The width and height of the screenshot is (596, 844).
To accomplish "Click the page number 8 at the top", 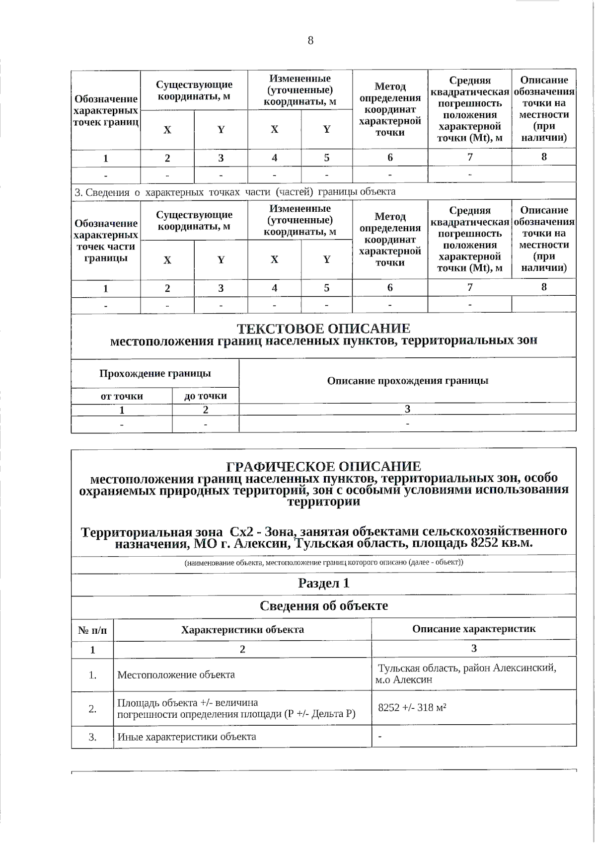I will [x=310, y=41].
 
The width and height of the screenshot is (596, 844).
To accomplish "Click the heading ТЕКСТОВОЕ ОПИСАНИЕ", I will [x=323, y=329].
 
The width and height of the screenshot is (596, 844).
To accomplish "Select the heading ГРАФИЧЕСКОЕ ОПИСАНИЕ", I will [x=323, y=467].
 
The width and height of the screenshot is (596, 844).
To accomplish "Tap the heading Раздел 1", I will [x=323, y=583].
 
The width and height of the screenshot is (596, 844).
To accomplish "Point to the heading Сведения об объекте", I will [x=323, y=606].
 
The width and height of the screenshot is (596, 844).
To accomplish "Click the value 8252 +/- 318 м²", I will [x=412, y=707].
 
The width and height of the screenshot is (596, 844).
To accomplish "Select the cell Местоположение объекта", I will [x=176, y=675].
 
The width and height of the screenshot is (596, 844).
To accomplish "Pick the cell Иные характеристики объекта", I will [x=186, y=737].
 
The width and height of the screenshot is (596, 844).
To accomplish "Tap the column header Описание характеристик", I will [x=474, y=629].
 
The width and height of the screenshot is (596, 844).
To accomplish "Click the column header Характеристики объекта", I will [x=242, y=629].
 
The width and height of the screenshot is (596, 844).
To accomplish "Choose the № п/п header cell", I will [x=92, y=630].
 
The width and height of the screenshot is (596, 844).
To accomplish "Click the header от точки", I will [x=122, y=396].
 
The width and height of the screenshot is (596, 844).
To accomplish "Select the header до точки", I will [x=205, y=396].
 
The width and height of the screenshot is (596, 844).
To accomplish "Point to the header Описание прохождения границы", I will [x=407, y=381].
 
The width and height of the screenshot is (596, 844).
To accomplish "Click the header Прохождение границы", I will [x=155, y=373].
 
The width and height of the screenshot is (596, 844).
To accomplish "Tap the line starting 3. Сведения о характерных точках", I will [x=235, y=192].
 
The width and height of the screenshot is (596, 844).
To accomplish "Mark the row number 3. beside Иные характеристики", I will [x=92, y=737].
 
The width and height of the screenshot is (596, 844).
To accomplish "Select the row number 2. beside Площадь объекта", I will [x=92, y=709].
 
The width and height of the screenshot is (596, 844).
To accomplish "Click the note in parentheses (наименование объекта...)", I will [x=323, y=562].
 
